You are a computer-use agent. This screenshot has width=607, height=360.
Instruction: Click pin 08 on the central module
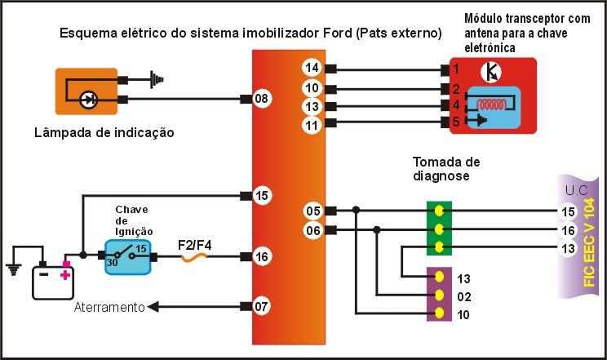[x=261, y=100]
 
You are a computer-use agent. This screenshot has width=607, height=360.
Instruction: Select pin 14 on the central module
[x=312, y=67]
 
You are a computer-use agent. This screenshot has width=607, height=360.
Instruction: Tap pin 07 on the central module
[x=261, y=307]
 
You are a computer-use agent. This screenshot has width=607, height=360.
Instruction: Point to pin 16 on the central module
[x=261, y=256]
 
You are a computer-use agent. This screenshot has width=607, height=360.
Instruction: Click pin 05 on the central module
[x=312, y=211]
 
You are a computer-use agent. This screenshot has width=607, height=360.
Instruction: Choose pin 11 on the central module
[x=312, y=125]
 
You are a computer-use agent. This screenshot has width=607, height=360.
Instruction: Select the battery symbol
[x=51, y=279]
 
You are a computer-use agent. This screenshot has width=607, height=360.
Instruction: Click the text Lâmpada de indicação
[x=104, y=132]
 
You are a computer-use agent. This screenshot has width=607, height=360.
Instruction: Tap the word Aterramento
[x=109, y=308]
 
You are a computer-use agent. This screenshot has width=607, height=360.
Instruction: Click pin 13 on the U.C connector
[x=569, y=248]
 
